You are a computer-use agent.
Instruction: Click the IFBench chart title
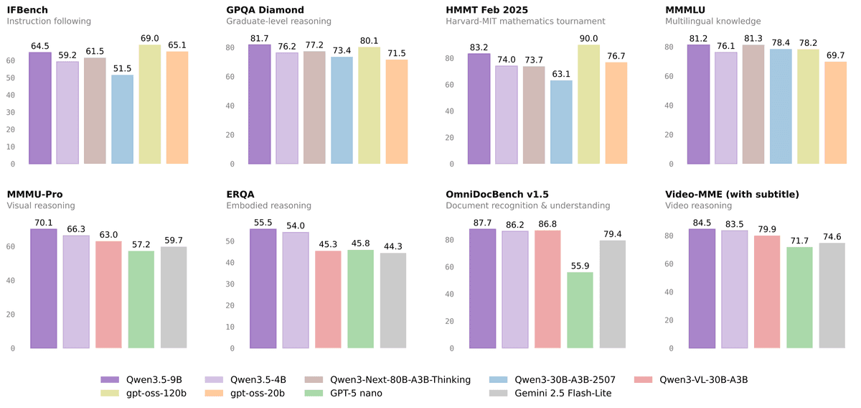point(27,10)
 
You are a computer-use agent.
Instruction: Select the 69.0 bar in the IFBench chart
point(150,105)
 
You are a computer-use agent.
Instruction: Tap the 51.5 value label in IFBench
point(122,68)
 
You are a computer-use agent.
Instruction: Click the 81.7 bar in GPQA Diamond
point(260,105)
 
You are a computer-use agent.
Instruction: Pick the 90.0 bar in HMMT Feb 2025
point(589,105)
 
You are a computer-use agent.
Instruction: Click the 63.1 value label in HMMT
point(561,73)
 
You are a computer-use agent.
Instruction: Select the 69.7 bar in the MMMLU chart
point(836,113)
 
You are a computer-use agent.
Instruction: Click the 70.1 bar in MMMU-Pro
point(44,289)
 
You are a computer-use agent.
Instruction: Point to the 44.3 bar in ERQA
point(393,300)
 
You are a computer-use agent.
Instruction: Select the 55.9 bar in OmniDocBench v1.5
point(580,310)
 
